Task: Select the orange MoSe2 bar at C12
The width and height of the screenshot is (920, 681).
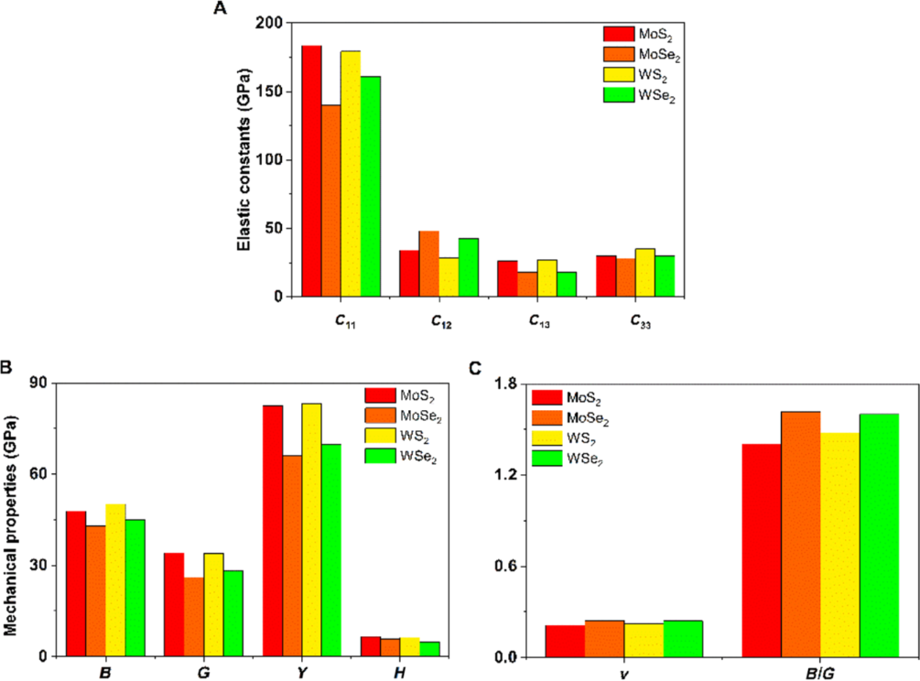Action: pyautogui.click(x=429, y=264)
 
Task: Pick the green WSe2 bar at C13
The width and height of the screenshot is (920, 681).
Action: pyautogui.click(x=566, y=284)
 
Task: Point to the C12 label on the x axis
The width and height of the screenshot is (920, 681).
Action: pyautogui.click(x=439, y=323)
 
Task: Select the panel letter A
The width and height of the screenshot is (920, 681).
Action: pyautogui.click(x=220, y=9)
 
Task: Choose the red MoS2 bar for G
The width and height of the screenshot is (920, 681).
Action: pyautogui.click(x=174, y=604)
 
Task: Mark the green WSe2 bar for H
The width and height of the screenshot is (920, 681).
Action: pyautogui.click(x=429, y=649)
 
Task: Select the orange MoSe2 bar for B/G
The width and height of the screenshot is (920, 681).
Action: pyautogui.click(x=800, y=535)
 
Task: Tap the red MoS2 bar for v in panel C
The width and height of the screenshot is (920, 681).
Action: pyautogui.click(x=564, y=641)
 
